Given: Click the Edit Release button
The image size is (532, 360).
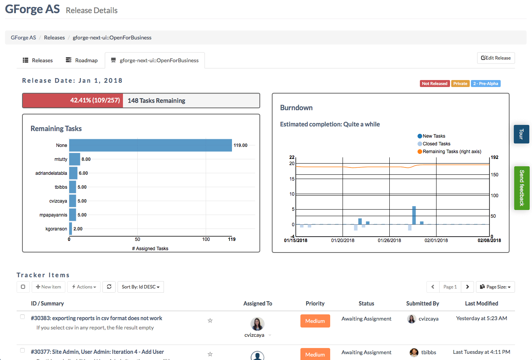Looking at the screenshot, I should [496, 58].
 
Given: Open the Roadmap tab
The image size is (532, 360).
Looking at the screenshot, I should [82, 60].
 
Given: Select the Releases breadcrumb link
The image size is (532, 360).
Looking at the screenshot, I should [54, 38].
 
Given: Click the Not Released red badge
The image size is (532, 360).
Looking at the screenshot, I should [434, 84].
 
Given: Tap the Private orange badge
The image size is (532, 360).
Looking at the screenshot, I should [460, 84].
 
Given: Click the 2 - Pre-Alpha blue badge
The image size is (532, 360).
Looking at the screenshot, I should [486, 84].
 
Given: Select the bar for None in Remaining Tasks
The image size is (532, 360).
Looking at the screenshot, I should [150, 145].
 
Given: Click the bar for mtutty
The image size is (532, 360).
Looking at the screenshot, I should [75, 159].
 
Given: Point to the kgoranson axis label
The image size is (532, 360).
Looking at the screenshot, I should [56, 229].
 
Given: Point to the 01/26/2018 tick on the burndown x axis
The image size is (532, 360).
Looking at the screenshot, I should [389, 241].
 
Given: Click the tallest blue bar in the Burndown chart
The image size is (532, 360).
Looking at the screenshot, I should [414, 215].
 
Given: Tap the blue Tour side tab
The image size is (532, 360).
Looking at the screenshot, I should [521, 134].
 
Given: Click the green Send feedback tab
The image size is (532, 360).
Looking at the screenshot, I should [522, 188].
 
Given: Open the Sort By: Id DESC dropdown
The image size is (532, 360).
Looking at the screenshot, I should [140, 287].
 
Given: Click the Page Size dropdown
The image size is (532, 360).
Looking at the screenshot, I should [495, 287].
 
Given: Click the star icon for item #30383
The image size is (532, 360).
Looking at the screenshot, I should [210, 321].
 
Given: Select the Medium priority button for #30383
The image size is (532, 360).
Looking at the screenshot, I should [315, 321].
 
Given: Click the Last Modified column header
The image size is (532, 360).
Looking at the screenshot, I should [481, 304].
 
